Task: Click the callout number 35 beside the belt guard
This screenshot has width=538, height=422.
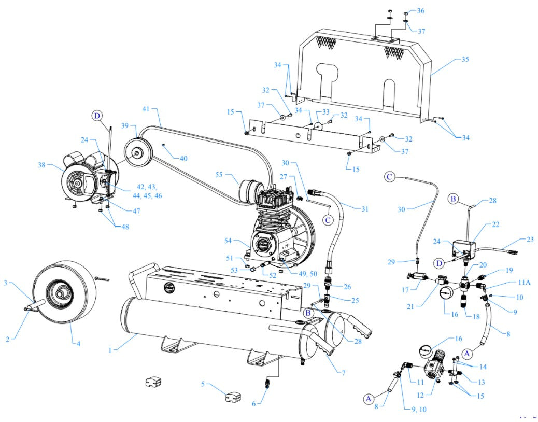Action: (x=465, y=60)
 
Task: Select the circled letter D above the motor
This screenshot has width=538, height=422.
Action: (x=97, y=116)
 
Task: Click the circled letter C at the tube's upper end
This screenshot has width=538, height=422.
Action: (x=390, y=177)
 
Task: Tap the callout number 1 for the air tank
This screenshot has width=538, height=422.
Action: (x=110, y=350)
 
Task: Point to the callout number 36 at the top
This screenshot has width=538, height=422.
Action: (x=420, y=11)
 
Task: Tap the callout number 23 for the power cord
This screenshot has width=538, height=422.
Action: (x=529, y=240)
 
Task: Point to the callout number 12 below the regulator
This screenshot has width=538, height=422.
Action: (x=420, y=396)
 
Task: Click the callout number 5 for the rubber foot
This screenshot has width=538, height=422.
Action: (x=204, y=384)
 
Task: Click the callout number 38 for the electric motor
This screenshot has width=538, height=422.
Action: (x=41, y=165)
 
